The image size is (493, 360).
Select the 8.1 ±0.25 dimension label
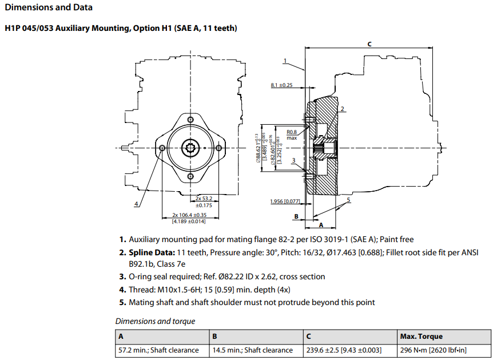(x=281, y=85)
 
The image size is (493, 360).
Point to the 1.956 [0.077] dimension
(x=285, y=201)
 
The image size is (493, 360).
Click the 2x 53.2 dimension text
(x=204, y=198)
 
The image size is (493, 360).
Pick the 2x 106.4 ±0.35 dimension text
(x=189, y=215)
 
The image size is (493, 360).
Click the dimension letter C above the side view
(x=369, y=43)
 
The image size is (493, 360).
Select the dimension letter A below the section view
(x=321, y=226)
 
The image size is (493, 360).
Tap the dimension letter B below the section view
(x=296, y=217)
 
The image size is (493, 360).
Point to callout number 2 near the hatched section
(x=342, y=108)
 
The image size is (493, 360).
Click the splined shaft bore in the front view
(x=190, y=148)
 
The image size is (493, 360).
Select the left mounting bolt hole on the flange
(x=163, y=148)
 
